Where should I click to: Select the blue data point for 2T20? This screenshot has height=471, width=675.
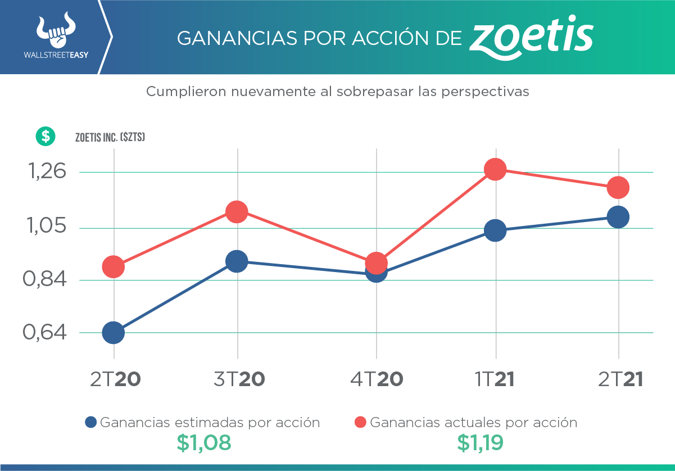[113, 333]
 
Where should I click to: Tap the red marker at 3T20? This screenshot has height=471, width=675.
[237, 212]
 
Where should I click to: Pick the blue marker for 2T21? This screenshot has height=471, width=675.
[618, 216]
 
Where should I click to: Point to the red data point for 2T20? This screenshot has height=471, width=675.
[113, 266]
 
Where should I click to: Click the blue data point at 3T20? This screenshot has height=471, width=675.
[237, 261]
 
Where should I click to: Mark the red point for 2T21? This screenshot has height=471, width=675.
[618, 187]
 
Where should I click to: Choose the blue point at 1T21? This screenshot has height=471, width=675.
[495, 230]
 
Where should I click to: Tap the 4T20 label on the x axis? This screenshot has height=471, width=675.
[377, 380]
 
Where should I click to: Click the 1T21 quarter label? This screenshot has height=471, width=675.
[495, 380]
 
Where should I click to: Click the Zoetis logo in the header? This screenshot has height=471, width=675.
[531, 38]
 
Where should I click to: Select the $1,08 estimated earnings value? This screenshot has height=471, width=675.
[203, 443]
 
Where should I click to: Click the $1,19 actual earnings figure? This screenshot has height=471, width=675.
[479, 443]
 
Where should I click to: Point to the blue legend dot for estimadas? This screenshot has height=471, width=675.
[90, 423]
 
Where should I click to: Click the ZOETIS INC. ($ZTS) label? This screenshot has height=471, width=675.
[110, 137]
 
